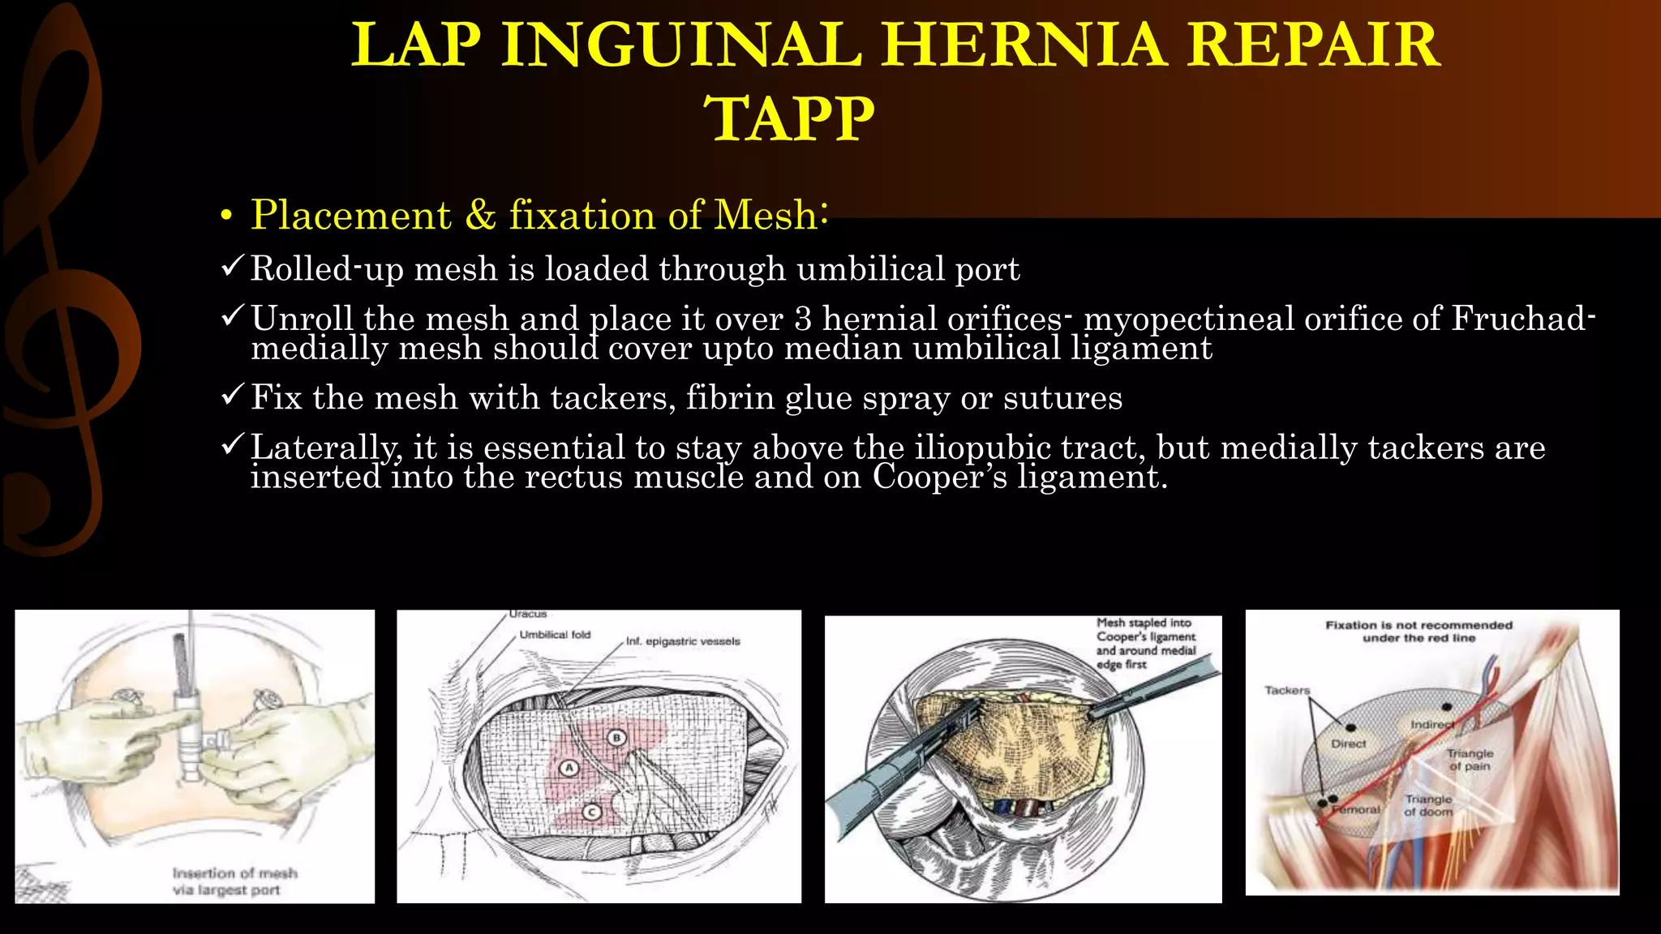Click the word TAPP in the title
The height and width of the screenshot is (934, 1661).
(x=792, y=119)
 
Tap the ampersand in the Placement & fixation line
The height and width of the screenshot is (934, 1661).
(x=480, y=216)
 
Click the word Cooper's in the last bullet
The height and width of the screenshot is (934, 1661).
(x=939, y=477)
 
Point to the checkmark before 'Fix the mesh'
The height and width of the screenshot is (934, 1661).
(x=232, y=396)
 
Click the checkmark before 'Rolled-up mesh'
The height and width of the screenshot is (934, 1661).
(x=232, y=267)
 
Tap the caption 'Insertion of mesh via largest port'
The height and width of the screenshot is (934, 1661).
(x=234, y=881)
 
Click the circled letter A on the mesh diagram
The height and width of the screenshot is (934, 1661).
(x=569, y=768)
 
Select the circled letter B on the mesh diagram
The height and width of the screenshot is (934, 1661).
(x=617, y=737)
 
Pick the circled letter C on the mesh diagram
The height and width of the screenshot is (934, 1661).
(x=592, y=812)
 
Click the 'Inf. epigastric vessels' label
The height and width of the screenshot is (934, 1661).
(x=683, y=641)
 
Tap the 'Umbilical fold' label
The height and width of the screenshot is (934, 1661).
(x=555, y=635)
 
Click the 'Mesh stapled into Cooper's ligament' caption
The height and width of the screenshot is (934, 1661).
(x=1145, y=643)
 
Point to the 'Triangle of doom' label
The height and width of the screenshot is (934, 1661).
(x=1428, y=805)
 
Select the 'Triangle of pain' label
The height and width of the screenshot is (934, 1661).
(x=1470, y=759)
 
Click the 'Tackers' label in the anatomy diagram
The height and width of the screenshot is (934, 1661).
(x=1287, y=691)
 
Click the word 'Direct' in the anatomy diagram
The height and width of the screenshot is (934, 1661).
(x=1348, y=743)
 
